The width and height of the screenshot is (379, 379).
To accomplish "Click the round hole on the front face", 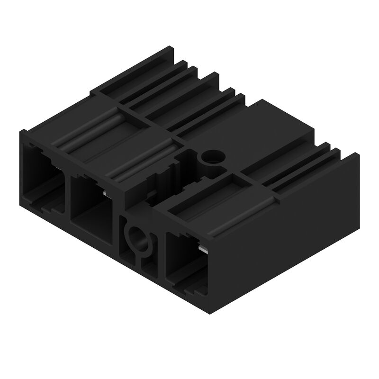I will (137, 236).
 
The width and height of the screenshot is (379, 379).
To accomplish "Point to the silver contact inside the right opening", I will (203, 248).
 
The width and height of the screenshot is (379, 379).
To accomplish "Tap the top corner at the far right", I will (358, 153).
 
